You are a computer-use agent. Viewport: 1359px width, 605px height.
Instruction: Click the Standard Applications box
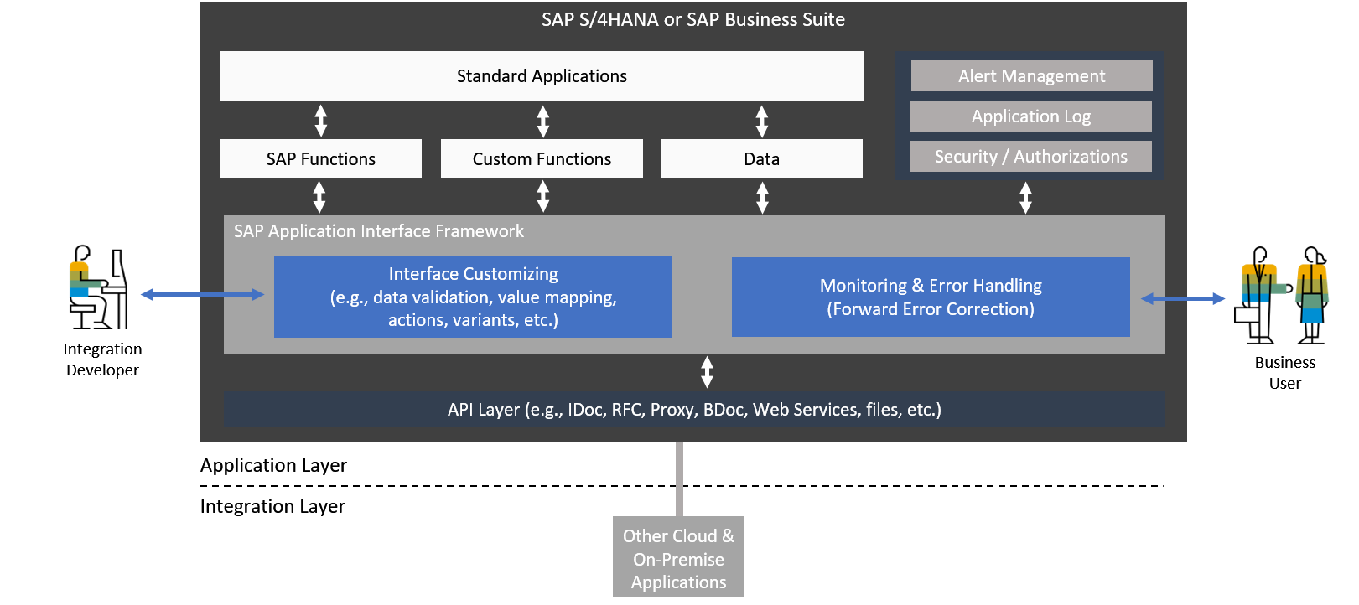point(542,76)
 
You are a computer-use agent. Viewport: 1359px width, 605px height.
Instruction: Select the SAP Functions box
point(321,159)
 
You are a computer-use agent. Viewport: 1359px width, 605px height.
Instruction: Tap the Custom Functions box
point(542,159)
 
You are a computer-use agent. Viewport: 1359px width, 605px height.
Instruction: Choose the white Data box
point(761,159)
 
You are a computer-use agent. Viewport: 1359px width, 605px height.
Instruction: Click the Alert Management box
point(1031,76)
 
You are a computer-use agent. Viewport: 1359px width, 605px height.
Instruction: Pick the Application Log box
point(1031,116)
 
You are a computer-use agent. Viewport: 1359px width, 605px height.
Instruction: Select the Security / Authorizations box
point(1031,157)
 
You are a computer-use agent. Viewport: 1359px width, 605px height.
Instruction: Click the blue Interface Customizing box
point(473,297)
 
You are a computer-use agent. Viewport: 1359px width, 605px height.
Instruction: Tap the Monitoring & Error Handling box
point(931,297)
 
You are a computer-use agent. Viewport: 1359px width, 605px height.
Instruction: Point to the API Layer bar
point(694,410)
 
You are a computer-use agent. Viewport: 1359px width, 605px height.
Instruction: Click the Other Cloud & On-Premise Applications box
point(678,558)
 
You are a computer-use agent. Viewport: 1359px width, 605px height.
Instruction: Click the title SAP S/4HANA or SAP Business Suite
point(693,20)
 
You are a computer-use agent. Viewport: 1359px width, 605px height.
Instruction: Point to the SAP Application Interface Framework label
point(379,231)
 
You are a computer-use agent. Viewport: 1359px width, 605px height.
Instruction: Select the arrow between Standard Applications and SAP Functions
point(321,121)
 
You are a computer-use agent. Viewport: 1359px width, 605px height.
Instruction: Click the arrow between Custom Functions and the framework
point(543,197)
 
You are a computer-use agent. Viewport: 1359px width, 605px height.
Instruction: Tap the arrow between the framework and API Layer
point(707,372)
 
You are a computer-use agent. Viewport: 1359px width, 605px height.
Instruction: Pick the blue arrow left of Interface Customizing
point(202,294)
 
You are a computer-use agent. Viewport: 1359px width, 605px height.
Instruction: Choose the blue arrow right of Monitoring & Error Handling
point(1183,298)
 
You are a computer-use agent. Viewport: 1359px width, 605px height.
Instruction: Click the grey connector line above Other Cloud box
point(679,478)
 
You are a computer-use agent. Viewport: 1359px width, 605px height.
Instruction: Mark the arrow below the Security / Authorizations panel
point(1025,198)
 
